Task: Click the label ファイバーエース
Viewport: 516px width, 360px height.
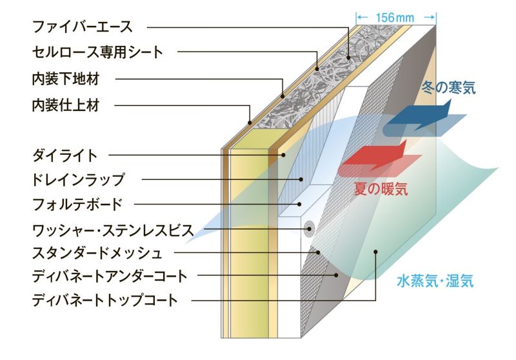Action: (x=82, y=26)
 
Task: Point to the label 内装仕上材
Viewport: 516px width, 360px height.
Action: (x=66, y=105)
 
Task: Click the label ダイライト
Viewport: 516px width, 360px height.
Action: (x=65, y=155)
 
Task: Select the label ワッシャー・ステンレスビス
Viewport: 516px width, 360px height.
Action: (x=108, y=228)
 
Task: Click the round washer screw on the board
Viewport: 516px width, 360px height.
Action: (x=309, y=228)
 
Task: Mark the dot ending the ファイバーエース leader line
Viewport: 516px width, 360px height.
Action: (x=349, y=57)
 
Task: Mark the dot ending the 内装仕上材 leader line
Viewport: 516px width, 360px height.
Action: (x=250, y=123)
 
